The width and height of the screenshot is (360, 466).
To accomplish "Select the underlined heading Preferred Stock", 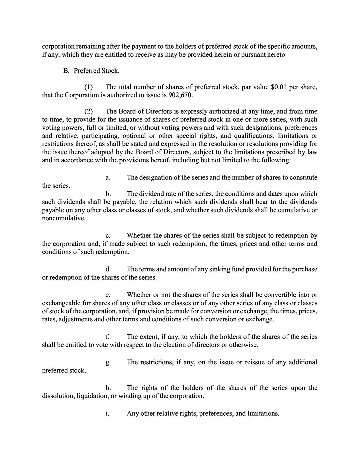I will (x=96, y=71).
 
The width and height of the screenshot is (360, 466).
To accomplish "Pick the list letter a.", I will (x=108, y=178).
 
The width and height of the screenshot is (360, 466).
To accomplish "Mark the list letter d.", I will (x=108, y=270).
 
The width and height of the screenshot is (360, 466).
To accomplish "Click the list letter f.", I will (x=108, y=337).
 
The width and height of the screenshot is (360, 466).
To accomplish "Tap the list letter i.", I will (x=107, y=414).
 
